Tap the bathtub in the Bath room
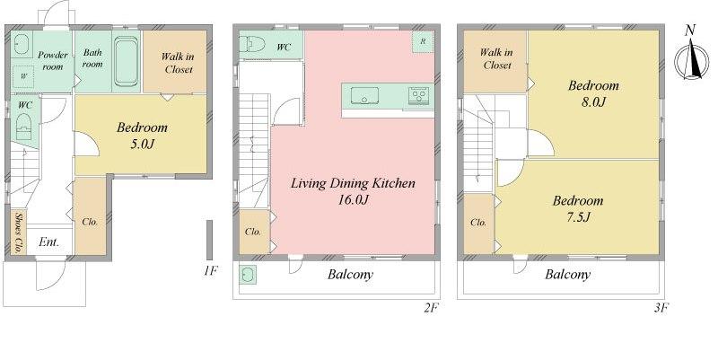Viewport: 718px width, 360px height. click(x=126, y=64)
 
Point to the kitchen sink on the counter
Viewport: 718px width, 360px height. click(x=365, y=95)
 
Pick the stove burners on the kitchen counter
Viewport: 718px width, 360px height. click(x=419, y=94)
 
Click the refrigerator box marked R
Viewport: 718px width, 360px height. click(x=421, y=42)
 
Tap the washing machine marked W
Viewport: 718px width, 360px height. click(x=23, y=77)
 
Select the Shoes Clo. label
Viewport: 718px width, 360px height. click(x=18, y=232)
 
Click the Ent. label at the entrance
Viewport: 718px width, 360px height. click(x=48, y=242)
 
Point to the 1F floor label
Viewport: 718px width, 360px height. click(x=208, y=268)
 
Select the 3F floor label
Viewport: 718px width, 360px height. click(x=661, y=307)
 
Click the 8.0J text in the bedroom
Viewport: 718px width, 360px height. click(x=593, y=101)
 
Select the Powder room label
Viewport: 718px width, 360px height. click(x=53, y=60)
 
